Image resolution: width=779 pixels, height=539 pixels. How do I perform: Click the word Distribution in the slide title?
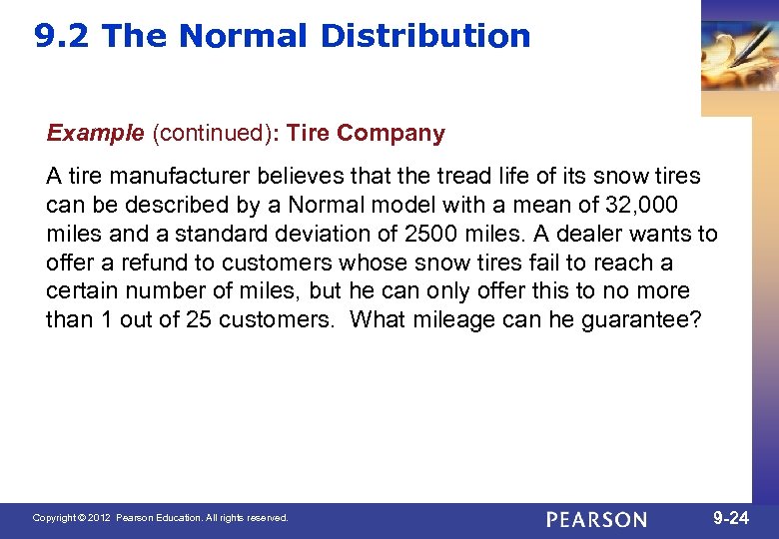coord(425,36)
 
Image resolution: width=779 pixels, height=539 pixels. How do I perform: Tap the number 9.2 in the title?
coord(62,36)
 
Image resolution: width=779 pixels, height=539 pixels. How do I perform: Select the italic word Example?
coord(95,133)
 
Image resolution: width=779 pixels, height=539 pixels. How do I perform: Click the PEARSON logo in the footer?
coord(596,519)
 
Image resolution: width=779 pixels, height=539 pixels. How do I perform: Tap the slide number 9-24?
coord(732,518)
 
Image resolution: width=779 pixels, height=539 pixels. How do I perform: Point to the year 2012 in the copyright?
coord(98,519)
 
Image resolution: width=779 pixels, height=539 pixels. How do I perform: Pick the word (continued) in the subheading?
coord(208,133)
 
